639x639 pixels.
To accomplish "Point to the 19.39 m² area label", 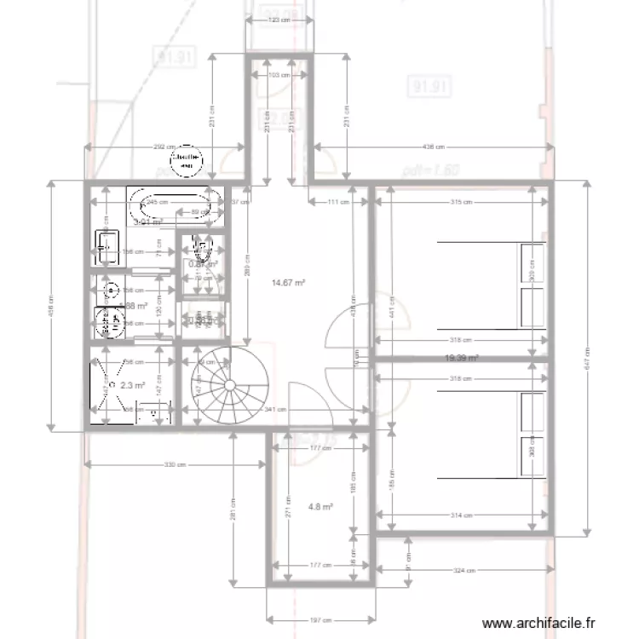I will coord(461,359).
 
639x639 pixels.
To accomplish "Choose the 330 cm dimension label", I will coord(175,465).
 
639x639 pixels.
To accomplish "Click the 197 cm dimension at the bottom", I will coord(320,619).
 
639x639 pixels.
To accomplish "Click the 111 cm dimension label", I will coord(339,202).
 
